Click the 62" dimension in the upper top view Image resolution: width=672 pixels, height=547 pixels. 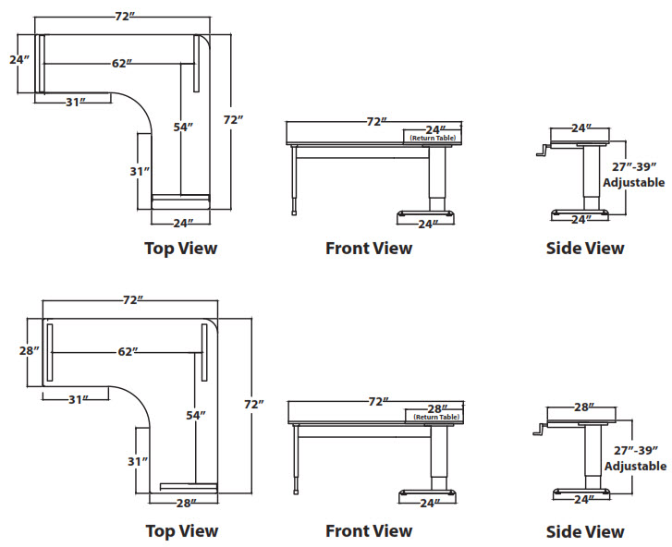[x=121, y=64]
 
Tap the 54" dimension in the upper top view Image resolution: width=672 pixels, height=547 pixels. [x=183, y=127]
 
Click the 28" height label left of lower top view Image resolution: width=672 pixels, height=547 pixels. [x=30, y=351]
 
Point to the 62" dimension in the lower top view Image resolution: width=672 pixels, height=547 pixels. [x=128, y=352]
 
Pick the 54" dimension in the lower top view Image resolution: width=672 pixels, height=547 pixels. [x=196, y=416]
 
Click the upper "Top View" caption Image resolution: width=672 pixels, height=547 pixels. [x=181, y=248]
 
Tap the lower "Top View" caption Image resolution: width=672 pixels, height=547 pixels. [x=182, y=530]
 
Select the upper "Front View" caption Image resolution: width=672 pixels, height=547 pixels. [x=369, y=248]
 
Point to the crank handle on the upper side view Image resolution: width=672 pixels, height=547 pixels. [x=542, y=152]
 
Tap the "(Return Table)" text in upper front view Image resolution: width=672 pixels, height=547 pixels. [x=434, y=138]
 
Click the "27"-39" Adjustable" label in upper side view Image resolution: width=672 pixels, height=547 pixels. [x=633, y=175]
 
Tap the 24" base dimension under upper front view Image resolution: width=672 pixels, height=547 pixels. [x=427, y=224]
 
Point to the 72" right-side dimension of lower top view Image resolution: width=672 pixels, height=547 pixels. [x=254, y=405]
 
